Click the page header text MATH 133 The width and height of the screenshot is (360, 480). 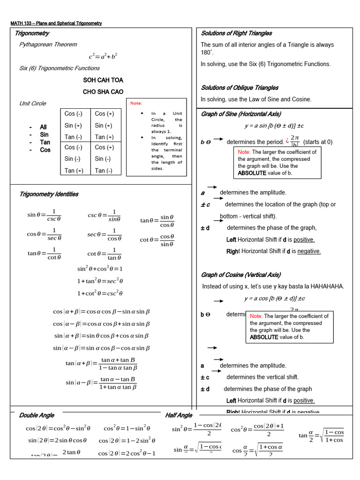tap(22, 23)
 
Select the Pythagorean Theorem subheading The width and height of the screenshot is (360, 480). tap(48, 45)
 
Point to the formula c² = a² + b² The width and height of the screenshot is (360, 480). tap(103, 56)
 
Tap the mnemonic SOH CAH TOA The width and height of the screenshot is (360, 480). tap(103, 80)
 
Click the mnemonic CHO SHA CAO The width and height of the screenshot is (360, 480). tap(103, 92)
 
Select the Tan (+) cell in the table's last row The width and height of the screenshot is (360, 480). tap(74, 171)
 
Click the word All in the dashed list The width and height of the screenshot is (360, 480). tap(43, 127)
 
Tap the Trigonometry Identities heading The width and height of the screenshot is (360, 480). tap(49, 194)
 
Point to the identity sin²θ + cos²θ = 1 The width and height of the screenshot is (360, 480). tap(100, 269)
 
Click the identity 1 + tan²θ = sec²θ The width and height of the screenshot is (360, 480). tap(100, 281)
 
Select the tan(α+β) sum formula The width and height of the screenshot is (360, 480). tap(101, 364)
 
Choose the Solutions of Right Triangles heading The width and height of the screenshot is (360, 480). tap(236, 33)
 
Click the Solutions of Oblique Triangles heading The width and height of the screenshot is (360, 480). tap(240, 88)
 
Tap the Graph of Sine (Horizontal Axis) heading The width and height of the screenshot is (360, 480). tap(241, 114)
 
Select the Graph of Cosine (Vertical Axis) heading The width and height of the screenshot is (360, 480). tap(241, 275)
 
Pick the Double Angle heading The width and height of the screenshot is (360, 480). tap(37, 415)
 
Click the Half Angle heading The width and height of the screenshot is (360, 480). tap(179, 415)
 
